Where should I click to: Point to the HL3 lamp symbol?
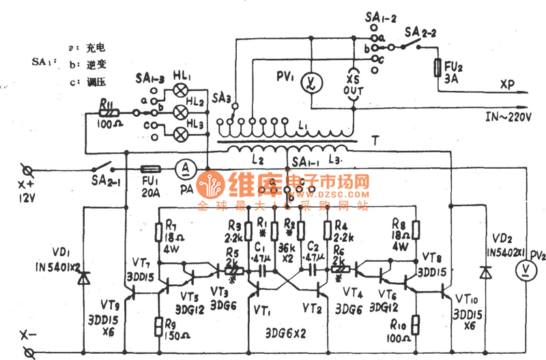click(x=182, y=133)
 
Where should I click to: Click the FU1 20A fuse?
click(x=150, y=168)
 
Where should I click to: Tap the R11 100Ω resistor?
click(x=107, y=111)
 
